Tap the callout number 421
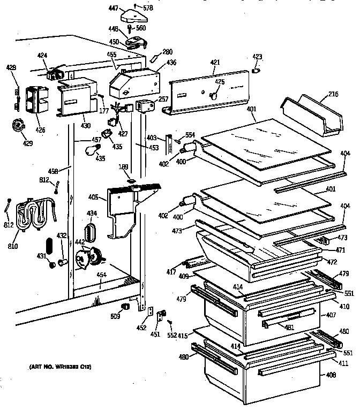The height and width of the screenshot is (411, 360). (x=215, y=63)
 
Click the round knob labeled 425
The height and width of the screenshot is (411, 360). (x=215, y=95)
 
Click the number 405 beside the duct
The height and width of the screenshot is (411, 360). (x=93, y=197)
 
